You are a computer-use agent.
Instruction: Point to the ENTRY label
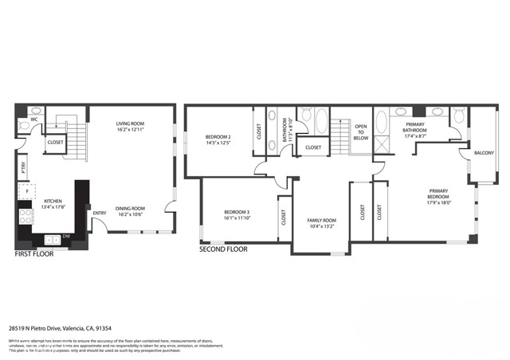click(100, 213)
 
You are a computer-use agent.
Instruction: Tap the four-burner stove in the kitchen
click(25, 215)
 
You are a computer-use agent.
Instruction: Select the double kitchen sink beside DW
click(51, 239)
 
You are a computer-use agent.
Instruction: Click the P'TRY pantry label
click(24, 167)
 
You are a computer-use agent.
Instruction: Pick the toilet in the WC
click(36, 112)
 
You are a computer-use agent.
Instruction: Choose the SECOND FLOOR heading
click(223, 249)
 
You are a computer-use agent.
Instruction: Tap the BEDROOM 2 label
click(218, 139)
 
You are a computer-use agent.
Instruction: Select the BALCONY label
click(484, 152)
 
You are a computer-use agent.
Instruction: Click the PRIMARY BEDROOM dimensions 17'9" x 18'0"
click(439, 202)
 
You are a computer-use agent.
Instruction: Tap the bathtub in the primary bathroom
click(381, 127)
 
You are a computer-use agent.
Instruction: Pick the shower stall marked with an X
click(381, 147)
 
